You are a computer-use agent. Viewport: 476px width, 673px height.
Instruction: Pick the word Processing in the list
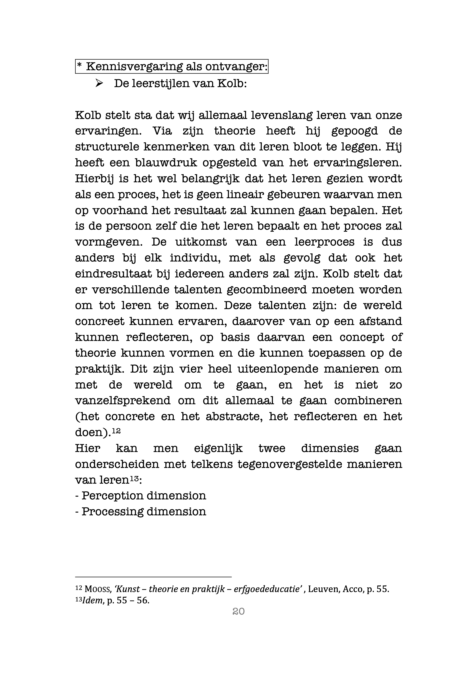[x=112, y=511]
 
